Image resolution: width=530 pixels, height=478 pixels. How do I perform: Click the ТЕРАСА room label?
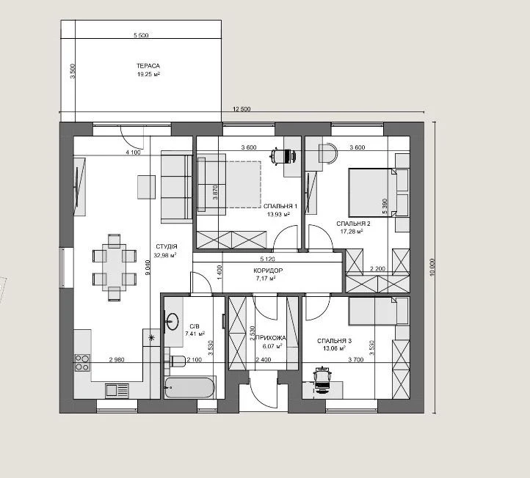click(148, 66)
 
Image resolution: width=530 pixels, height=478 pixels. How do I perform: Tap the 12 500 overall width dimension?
click(242, 109)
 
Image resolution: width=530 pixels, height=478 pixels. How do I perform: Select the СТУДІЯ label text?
click(167, 247)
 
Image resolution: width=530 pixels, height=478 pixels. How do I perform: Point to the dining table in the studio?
click(115, 267)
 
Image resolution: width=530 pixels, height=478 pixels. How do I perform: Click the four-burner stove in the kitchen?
click(82, 363)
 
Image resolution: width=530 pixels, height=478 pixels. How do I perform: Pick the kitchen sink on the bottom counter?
click(117, 391)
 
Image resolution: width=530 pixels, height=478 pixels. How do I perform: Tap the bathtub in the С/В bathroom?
click(190, 388)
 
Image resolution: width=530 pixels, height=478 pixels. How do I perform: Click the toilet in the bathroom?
click(178, 361)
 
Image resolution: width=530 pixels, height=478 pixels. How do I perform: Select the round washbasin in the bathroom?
click(173, 321)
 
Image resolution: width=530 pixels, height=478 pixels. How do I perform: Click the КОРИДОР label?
click(268, 271)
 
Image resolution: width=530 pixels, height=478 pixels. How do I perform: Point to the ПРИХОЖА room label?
click(270, 338)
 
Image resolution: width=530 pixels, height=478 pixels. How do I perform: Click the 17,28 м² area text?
click(352, 232)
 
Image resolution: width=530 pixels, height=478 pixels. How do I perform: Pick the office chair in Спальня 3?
click(323, 380)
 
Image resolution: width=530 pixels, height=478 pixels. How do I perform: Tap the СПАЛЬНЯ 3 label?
click(334, 341)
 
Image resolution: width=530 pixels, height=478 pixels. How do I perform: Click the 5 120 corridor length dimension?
click(267, 260)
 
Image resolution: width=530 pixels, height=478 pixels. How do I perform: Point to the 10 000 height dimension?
click(432, 268)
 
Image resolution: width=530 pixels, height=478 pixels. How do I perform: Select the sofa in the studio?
click(176, 188)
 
